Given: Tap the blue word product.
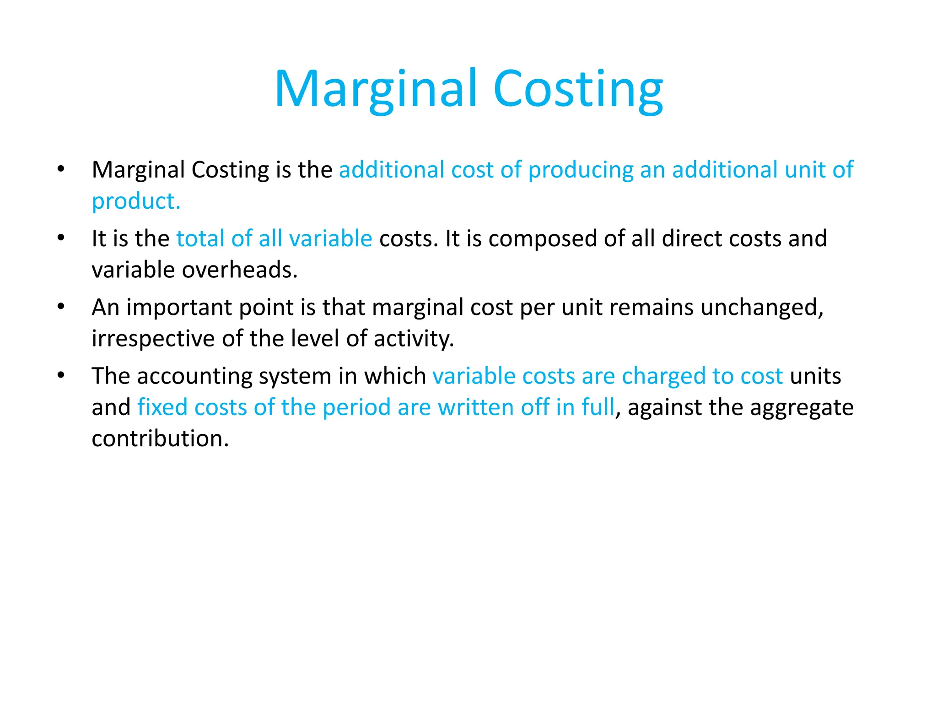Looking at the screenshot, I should tap(136, 201).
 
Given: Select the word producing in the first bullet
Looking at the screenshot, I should tap(580, 170).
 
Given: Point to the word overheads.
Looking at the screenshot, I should tap(240, 270).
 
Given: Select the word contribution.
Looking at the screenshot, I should tap(160, 438).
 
